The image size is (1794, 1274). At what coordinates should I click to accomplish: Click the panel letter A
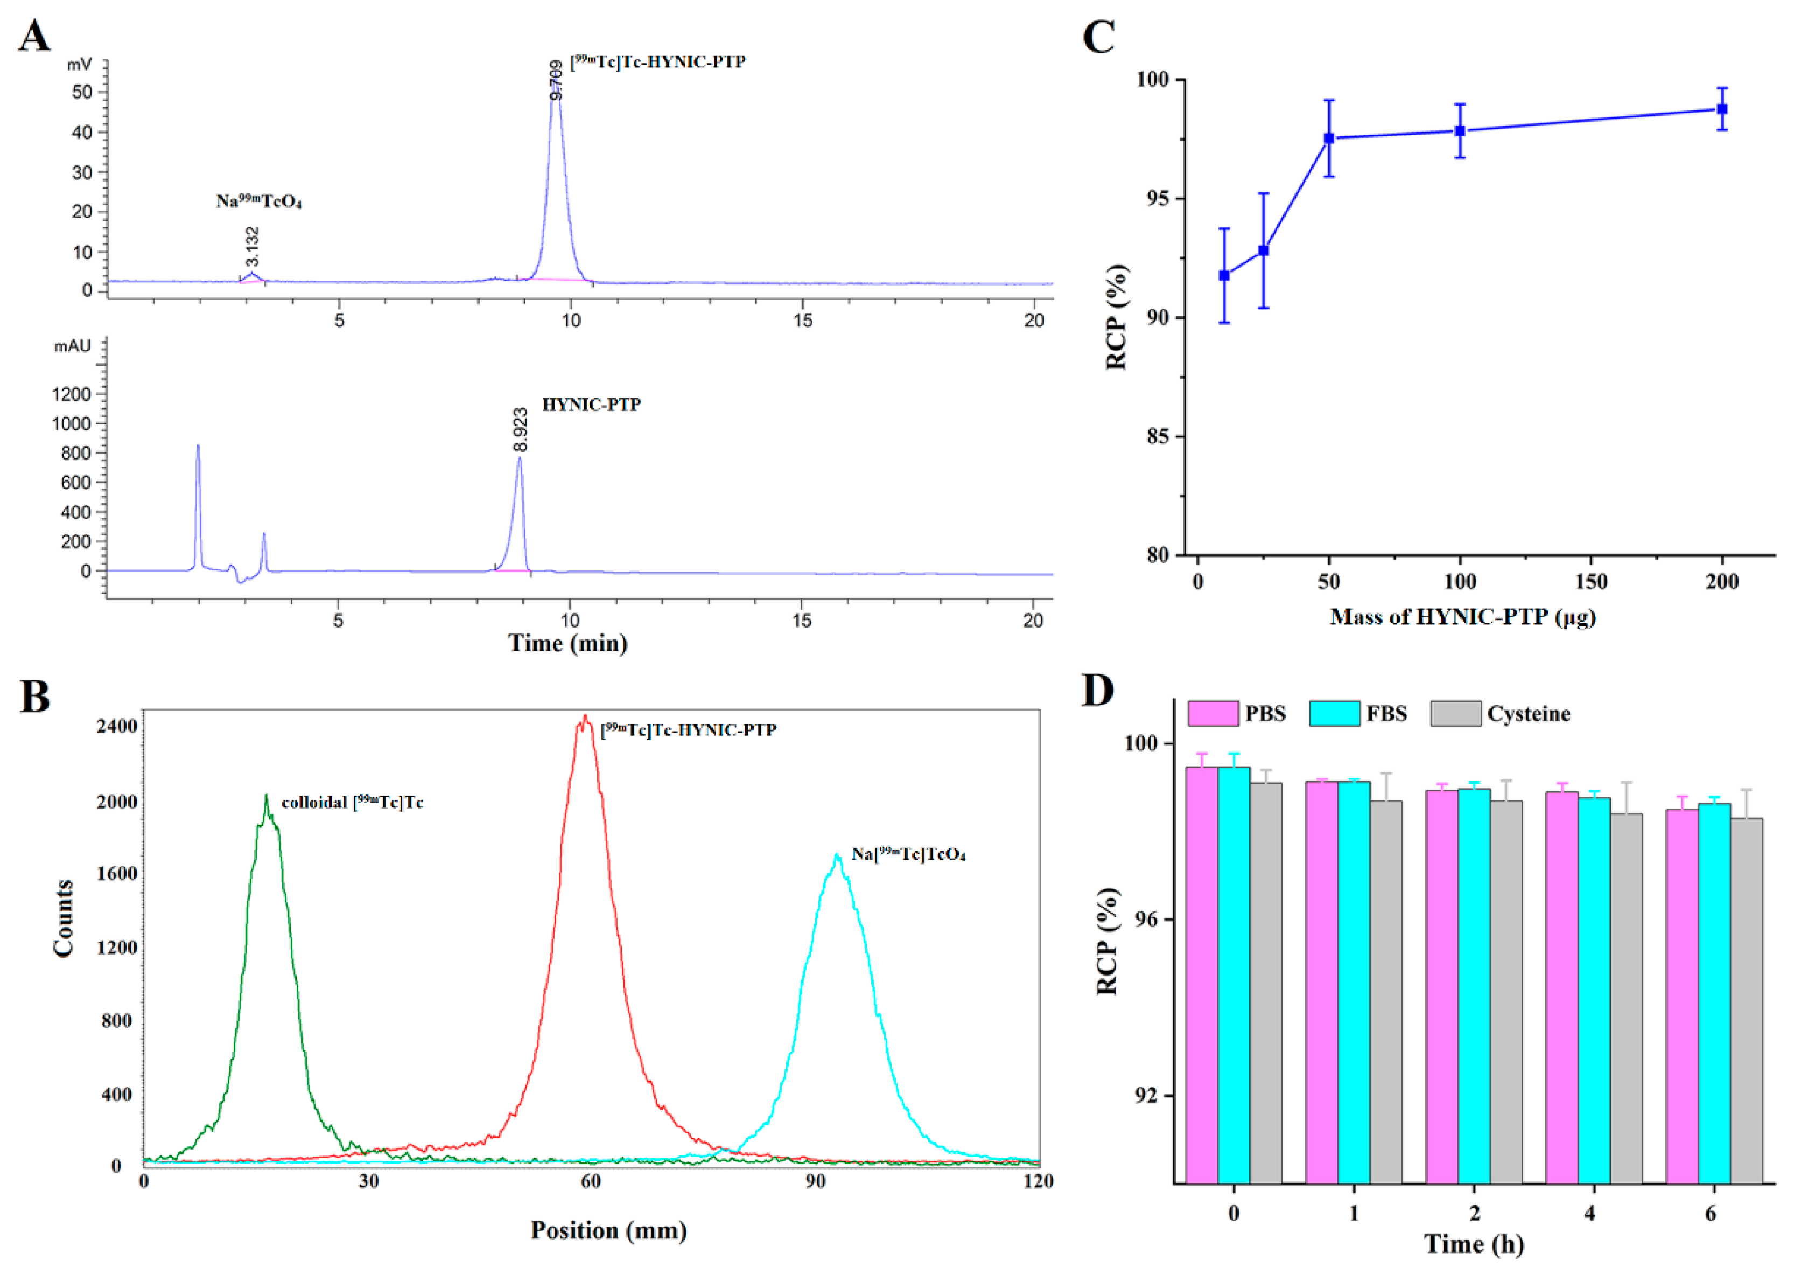click(x=34, y=37)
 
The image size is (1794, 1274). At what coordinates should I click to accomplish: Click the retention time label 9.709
click(x=556, y=79)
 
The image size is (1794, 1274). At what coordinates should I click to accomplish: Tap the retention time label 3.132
click(x=251, y=246)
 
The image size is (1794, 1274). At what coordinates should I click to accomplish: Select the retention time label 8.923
click(x=520, y=429)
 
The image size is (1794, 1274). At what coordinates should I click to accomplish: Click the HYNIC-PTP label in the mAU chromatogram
click(x=591, y=405)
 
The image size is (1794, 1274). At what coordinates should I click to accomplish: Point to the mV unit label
click(x=79, y=64)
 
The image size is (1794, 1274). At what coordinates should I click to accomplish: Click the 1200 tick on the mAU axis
click(x=72, y=394)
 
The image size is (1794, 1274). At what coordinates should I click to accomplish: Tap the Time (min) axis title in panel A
click(x=567, y=643)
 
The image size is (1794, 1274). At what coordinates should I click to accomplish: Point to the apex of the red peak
click(x=585, y=717)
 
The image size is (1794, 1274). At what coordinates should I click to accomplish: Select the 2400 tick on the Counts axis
click(x=116, y=727)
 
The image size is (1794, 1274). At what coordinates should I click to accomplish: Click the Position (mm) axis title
click(x=608, y=1230)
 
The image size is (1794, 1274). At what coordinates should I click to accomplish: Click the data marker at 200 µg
click(x=1722, y=109)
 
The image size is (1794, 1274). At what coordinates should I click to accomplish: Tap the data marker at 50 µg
click(x=1329, y=138)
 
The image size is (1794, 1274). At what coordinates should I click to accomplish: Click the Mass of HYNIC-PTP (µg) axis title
click(x=1462, y=617)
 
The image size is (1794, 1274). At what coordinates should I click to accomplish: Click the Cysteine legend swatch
click(x=1455, y=713)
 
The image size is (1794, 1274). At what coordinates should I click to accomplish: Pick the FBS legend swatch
click(x=1334, y=713)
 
